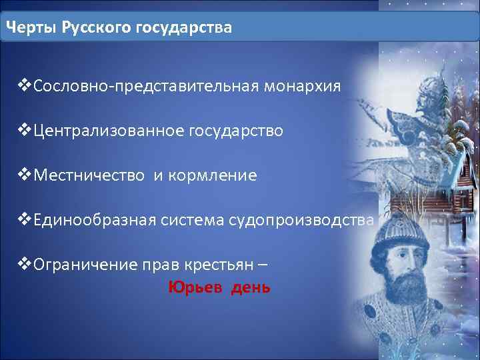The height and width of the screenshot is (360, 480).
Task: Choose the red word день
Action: tap(251, 287)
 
